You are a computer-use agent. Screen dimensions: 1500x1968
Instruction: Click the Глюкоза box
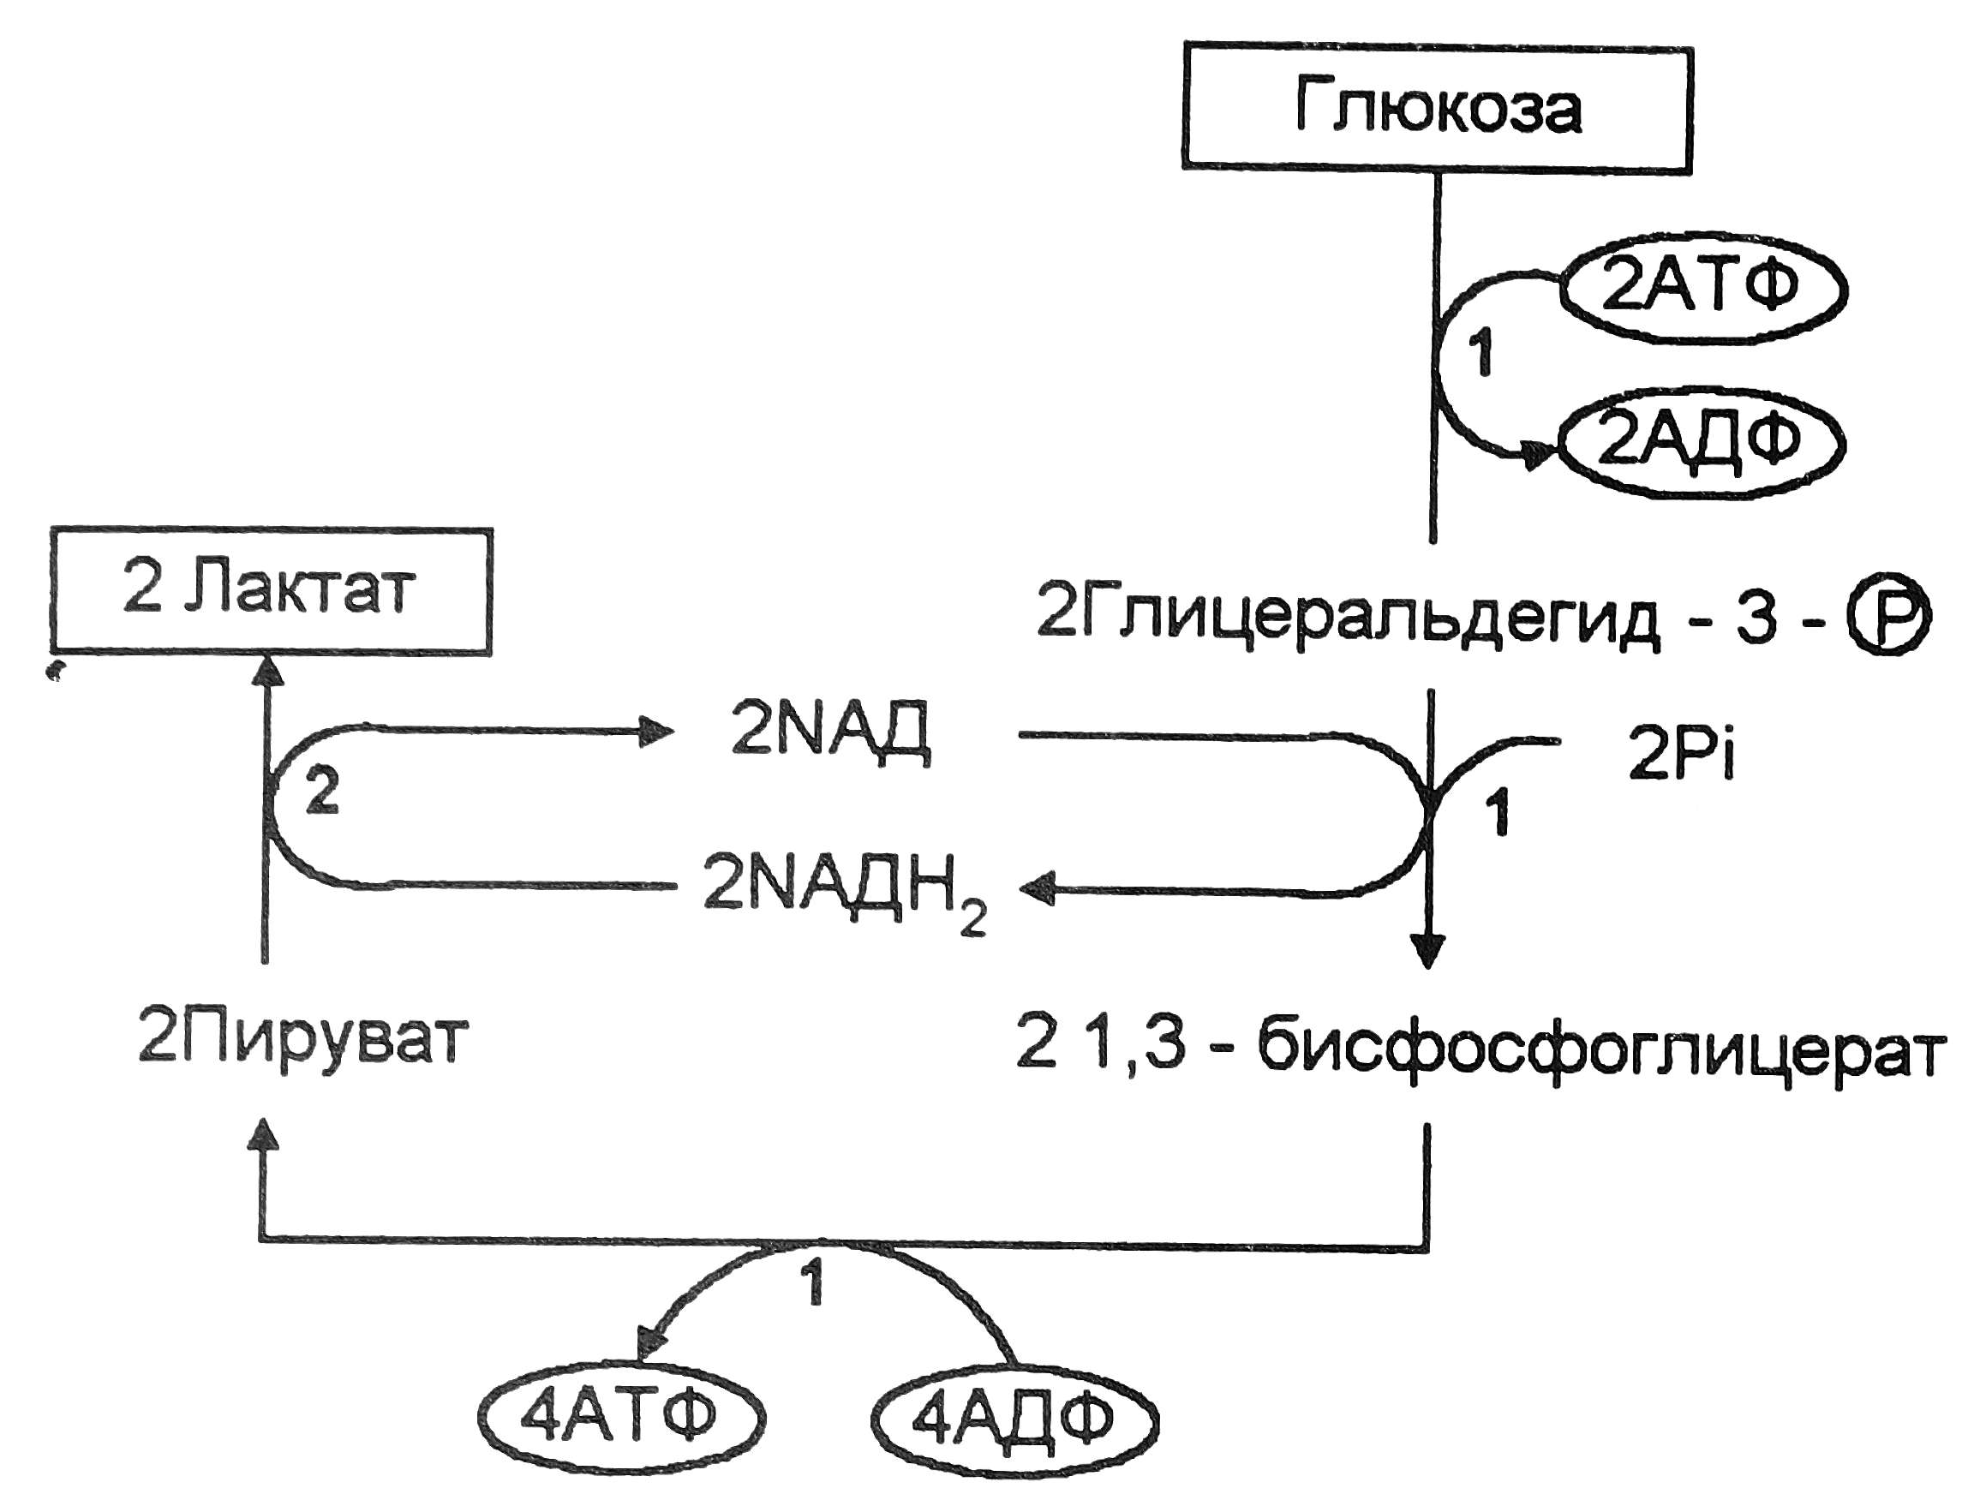pyautogui.click(x=1436, y=108)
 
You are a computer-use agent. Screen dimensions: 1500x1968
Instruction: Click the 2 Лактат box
pyautogui.click(x=271, y=590)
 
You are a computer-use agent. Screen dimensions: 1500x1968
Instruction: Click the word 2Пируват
pyautogui.click(x=302, y=1040)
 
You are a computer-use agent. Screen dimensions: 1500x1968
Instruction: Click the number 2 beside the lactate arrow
pyautogui.click(x=321, y=791)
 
